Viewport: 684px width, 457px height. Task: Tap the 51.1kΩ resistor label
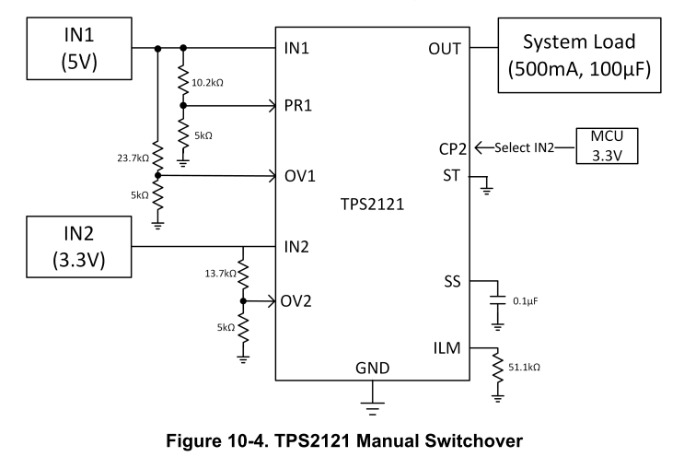click(x=526, y=369)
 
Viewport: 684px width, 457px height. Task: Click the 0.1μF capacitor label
click(x=526, y=301)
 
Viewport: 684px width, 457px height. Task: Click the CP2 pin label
click(x=454, y=148)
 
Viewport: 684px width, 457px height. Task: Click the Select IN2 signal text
click(x=521, y=148)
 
